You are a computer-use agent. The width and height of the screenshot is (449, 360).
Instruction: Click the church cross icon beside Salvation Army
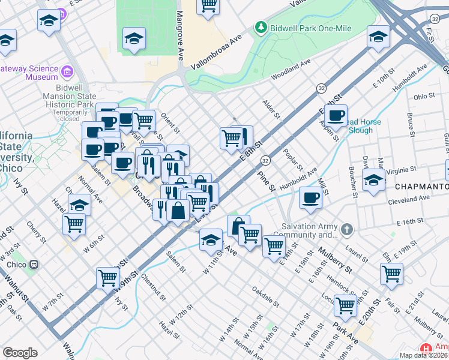coord(347,229)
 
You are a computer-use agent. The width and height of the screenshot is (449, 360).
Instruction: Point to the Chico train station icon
coord(34,264)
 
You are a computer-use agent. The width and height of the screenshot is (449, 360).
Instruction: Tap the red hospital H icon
coord(426,349)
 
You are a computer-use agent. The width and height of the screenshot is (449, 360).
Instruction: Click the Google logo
coord(20,353)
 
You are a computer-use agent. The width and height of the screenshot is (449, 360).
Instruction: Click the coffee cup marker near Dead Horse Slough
coord(337,115)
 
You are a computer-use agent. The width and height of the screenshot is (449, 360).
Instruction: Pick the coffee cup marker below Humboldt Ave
coord(310,197)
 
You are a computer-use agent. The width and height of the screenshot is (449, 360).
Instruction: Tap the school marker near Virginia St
coord(373,179)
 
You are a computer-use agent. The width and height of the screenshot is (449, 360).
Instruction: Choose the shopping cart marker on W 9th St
coord(107,278)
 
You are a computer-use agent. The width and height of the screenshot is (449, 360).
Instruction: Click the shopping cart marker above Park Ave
coord(346,305)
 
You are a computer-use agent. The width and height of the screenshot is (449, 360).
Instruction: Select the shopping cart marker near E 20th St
coord(391,273)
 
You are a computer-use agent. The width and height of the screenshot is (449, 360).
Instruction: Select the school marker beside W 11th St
coord(210,240)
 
